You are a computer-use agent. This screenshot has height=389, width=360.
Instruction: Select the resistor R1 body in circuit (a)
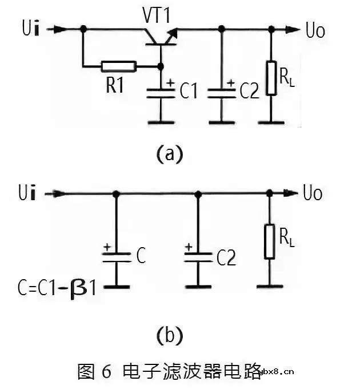click(119, 66)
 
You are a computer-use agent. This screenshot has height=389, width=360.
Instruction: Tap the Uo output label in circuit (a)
click(314, 30)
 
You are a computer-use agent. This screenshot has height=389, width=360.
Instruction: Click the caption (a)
click(169, 154)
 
